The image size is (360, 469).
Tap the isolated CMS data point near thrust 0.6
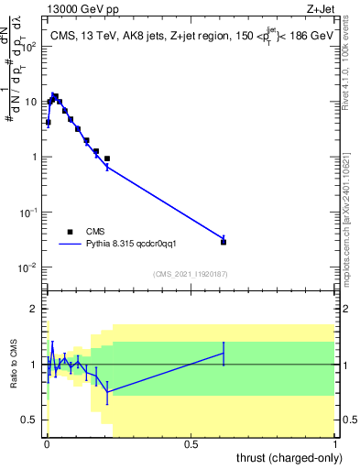coord(224,242)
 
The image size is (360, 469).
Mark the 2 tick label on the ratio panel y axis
coord(37,309)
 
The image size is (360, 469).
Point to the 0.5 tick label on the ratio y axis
coord(32,420)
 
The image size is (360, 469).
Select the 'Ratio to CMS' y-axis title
coord(14,364)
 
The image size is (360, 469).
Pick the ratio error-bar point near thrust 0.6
coord(224,354)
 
